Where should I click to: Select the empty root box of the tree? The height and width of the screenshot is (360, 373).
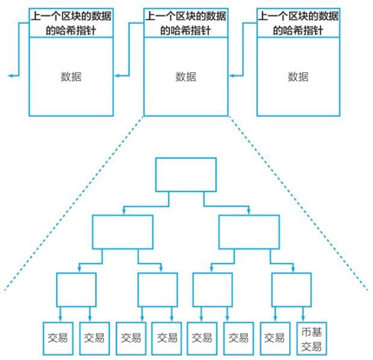click(x=186, y=175)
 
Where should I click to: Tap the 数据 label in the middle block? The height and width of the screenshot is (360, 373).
click(x=186, y=76)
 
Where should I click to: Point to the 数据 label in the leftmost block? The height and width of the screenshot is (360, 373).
click(x=71, y=76)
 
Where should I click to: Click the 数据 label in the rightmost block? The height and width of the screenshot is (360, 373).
click(x=298, y=76)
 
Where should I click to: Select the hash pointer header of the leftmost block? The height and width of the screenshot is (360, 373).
click(x=71, y=23)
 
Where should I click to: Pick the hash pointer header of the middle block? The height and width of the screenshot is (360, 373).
click(x=186, y=23)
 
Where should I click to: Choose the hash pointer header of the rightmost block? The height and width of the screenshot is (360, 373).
click(x=298, y=23)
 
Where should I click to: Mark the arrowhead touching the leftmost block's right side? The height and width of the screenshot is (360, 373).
click(x=116, y=76)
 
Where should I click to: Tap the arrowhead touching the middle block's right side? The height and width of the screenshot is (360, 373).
click(x=231, y=76)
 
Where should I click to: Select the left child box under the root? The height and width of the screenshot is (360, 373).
click(x=122, y=232)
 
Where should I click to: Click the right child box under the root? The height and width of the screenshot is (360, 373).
click(x=249, y=232)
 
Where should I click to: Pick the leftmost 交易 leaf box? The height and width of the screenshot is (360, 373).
click(x=58, y=338)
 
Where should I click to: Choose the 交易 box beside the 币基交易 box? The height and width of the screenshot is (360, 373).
click(x=275, y=338)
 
